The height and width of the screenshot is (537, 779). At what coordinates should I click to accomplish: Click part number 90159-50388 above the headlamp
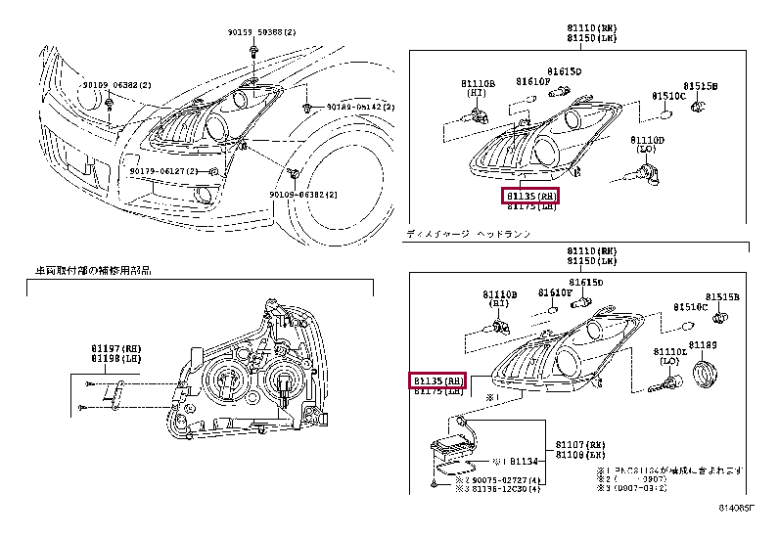257,33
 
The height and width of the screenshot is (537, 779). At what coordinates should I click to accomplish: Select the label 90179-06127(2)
163,171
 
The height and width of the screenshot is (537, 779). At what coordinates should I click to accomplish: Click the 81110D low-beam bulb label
647,140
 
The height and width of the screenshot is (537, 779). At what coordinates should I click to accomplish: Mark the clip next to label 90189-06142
307,106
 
